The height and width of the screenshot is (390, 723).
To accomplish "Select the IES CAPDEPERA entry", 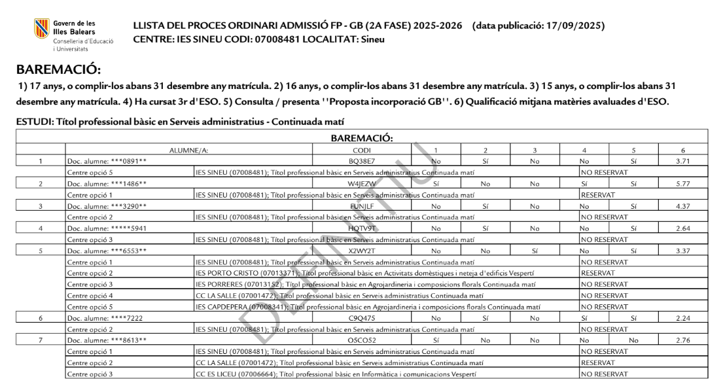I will tap(368, 306).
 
